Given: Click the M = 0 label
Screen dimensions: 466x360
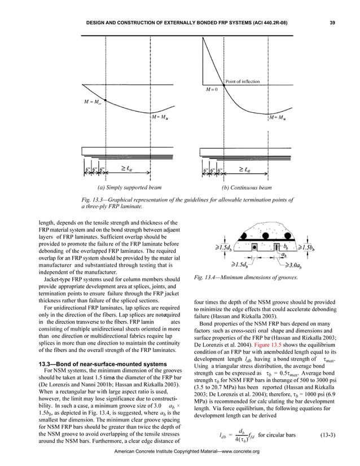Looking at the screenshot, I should pyautogui.click(x=209, y=89).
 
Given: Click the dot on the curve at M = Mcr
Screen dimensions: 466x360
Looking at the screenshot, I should pyautogui.click(x=105, y=100).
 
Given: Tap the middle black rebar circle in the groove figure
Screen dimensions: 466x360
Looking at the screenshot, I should pyautogui.click(x=264, y=236).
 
